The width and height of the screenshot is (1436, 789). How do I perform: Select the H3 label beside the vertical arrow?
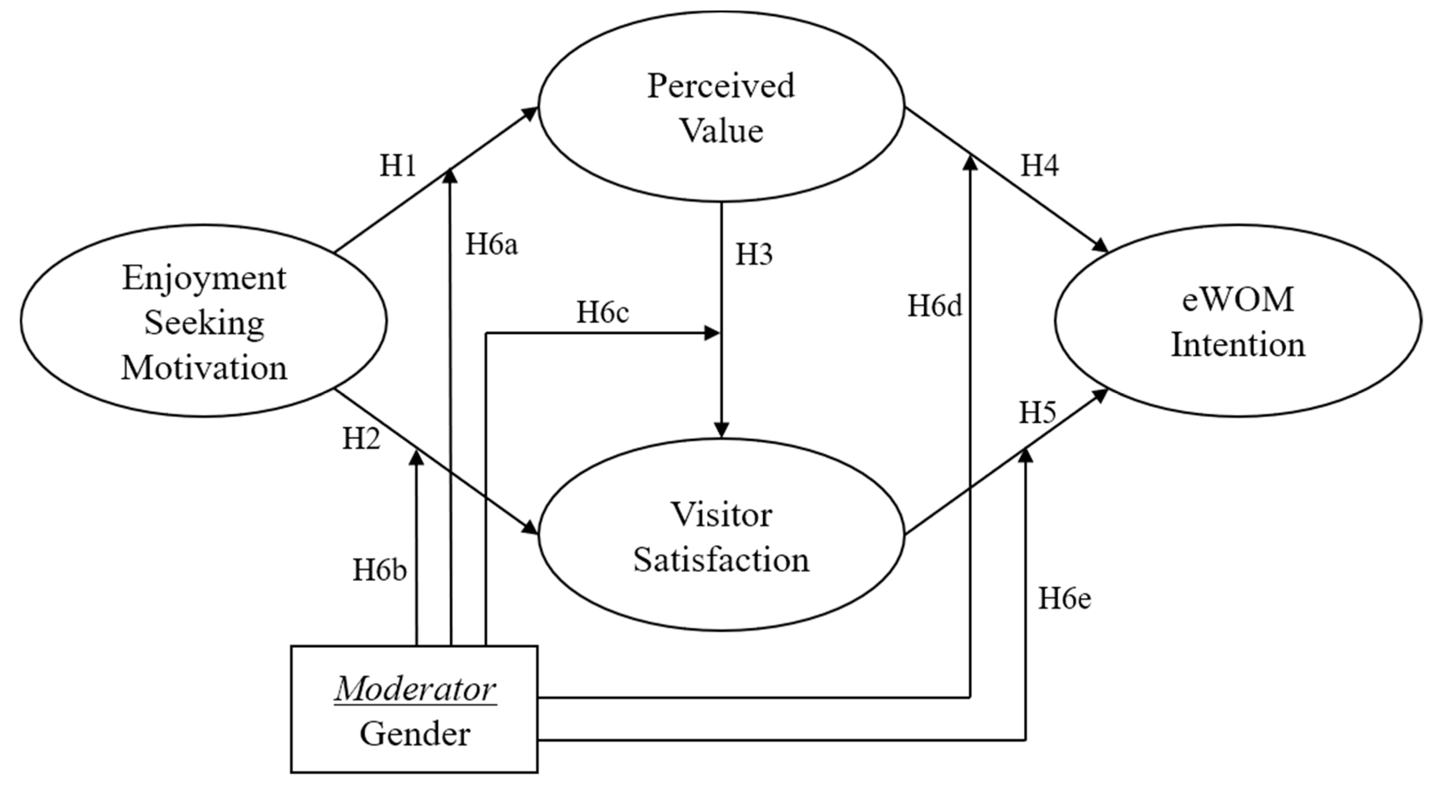coord(754,255)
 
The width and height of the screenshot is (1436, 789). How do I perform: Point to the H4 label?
coord(1039,165)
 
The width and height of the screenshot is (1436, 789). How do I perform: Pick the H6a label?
coord(492,245)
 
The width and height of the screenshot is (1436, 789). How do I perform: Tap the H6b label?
coord(380,570)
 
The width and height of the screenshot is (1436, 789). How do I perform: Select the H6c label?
coord(602,312)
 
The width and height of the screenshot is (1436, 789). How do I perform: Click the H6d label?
coord(935,306)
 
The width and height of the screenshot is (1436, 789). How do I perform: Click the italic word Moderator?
coord(415,690)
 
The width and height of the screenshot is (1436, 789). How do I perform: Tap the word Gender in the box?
coord(415,734)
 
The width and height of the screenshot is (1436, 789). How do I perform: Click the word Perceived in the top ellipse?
coord(721,86)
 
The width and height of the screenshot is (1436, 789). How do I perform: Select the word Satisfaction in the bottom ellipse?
coord(721,560)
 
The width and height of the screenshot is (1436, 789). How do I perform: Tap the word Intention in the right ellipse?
coord(1238,344)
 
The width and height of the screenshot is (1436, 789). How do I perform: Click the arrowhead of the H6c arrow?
coord(713,334)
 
